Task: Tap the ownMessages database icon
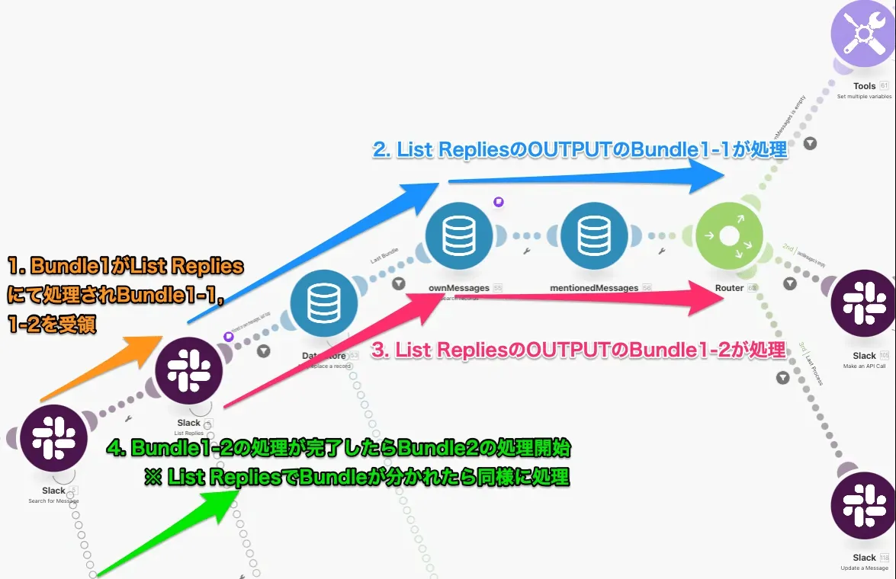(x=459, y=237)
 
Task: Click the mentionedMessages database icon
(x=594, y=237)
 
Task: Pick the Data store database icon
(x=324, y=305)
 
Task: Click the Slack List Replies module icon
(x=188, y=371)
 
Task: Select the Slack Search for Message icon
(x=53, y=438)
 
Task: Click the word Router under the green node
(x=729, y=288)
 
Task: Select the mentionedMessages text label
(x=594, y=288)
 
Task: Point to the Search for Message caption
(x=53, y=501)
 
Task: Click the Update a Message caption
(x=864, y=568)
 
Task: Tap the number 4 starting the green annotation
(x=115, y=447)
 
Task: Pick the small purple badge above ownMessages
(x=498, y=202)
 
